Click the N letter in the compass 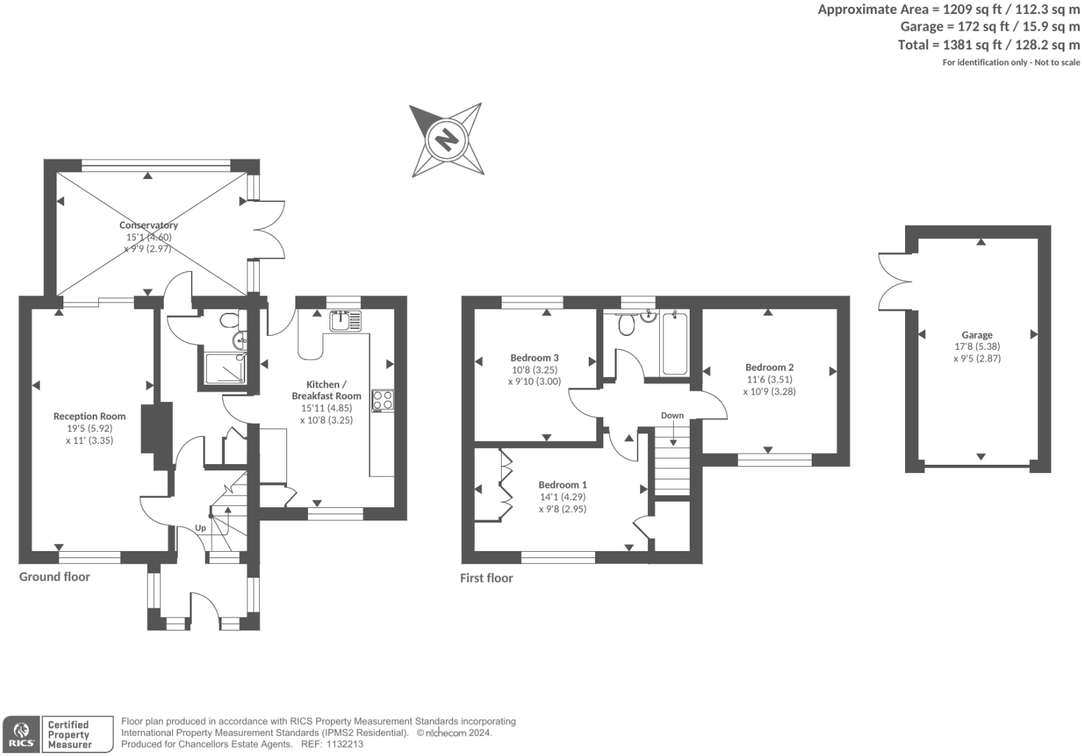coord(445,139)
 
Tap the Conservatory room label coord(148,225)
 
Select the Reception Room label coord(89,416)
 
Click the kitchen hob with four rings coord(382,401)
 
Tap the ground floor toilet coord(229,321)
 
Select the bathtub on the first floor coord(674,344)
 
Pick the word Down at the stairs coord(672,415)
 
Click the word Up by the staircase coord(200,527)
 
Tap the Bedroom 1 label coord(562,484)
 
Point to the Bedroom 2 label coord(769,367)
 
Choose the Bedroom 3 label coord(534,357)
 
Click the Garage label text coord(976,334)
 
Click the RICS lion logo coord(20,734)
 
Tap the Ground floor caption coord(54,576)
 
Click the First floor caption coord(486,578)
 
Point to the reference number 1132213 coord(341,744)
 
